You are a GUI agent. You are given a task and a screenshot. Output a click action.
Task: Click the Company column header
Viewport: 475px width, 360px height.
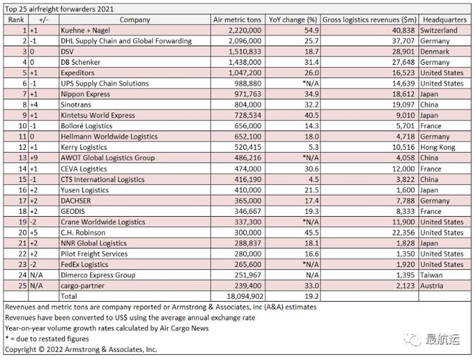(x=135, y=19)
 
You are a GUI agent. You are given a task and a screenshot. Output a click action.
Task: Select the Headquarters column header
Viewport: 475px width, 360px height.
(x=445, y=19)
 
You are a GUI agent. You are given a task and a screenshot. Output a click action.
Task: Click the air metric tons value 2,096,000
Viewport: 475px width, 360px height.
(x=245, y=41)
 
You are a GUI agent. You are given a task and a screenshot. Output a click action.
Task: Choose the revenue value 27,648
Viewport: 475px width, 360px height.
(x=403, y=62)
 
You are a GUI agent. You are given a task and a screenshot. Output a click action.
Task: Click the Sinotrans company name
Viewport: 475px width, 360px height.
(x=76, y=104)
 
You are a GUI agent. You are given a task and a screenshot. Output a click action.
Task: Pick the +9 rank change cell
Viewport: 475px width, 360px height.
(x=34, y=158)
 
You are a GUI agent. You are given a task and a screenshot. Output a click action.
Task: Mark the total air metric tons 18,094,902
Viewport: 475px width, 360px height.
(x=245, y=296)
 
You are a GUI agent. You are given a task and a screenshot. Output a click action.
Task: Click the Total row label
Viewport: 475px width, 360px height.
(x=69, y=296)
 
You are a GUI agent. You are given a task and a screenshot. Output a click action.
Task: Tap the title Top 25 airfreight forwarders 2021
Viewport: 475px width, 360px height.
(x=59, y=9)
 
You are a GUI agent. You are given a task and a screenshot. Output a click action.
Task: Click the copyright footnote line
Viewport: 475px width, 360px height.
(x=81, y=349)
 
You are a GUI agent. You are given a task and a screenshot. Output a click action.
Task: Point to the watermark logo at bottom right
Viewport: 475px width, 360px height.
(x=432, y=339)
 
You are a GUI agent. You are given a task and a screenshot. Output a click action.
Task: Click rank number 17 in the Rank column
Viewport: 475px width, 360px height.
(x=23, y=201)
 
